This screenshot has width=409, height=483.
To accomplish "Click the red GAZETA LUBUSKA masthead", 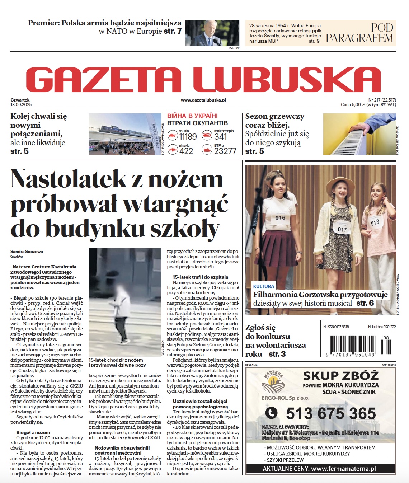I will [203, 80].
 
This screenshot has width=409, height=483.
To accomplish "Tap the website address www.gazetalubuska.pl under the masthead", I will [203, 100].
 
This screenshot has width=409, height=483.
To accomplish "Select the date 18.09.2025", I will [21, 105].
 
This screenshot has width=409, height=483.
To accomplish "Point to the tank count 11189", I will [188, 137].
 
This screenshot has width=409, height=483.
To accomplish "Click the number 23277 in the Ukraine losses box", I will [225, 151].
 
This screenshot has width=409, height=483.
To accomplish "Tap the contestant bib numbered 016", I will [280, 218].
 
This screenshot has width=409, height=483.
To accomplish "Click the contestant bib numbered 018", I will [375, 223].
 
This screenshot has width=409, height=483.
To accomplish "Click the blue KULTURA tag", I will [264, 286].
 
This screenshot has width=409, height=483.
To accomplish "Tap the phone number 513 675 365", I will [331, 414].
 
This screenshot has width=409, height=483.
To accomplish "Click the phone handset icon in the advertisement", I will [271, 413].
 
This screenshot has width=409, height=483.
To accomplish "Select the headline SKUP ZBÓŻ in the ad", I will [340, 376].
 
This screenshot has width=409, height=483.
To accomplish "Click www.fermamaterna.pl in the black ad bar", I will [343, 469].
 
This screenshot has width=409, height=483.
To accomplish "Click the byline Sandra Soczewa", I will [27, 252].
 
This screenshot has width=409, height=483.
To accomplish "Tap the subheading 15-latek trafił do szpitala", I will [200, 277].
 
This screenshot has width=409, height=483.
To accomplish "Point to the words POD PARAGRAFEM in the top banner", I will [359, 33].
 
